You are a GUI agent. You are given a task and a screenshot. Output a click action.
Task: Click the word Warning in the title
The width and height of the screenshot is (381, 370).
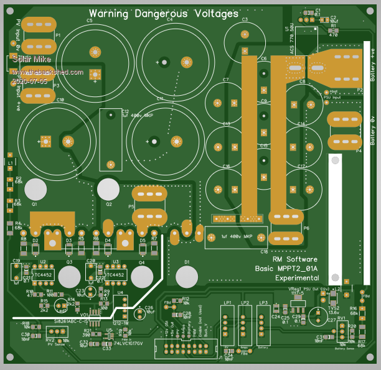[x=110, y=13]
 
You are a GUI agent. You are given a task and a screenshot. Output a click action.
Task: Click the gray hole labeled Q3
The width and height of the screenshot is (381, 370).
[x=70, y=275]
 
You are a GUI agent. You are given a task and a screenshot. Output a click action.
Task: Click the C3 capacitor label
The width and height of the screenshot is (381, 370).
[x=245, y=20]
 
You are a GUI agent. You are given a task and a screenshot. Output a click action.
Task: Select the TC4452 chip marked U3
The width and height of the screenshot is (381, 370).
[x=116, y=274]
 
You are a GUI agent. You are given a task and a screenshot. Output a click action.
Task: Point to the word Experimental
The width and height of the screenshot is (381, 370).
[x=297, y=277]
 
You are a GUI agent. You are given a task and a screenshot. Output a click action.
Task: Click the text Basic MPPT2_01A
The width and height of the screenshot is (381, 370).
[x=287, y=268]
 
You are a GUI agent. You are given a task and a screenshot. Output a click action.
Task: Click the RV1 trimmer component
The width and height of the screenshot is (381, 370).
[x=341, y=328]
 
